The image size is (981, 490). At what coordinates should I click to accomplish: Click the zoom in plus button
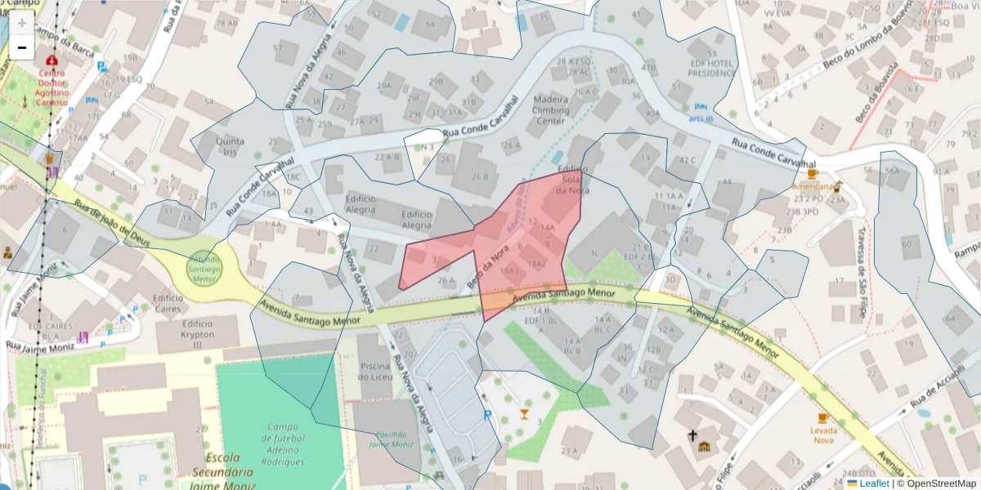[21, 23]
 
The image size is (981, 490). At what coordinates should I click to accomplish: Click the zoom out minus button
[21, 48]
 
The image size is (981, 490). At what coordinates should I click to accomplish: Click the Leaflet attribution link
[867, 483]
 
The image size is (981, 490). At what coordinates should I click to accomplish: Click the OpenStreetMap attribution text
[939, 483]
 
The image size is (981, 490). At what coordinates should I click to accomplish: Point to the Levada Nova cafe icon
[822, 419]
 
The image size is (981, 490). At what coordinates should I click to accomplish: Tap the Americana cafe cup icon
[812, 174]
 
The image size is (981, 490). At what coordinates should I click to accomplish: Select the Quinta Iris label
[230, 146]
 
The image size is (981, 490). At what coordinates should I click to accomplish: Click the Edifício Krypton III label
[186, 334]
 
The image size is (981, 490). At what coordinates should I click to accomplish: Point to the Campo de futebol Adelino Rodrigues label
[282, 443]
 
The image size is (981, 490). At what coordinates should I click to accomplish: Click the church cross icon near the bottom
[692, 435]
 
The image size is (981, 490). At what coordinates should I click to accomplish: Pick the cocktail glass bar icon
[524, 414]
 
